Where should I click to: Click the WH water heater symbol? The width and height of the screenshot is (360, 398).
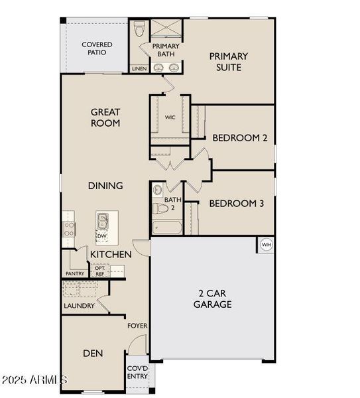click(267, 244)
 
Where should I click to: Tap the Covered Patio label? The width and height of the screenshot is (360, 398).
click(97, 49)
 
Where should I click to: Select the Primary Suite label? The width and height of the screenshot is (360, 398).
click(229, 62)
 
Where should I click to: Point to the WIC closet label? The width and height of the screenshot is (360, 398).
click(170, 117)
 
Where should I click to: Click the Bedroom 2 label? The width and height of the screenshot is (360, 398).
click(239, 138)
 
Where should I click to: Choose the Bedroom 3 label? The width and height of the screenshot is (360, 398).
click(236, 204)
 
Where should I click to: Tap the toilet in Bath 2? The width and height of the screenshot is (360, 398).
click(159, 208)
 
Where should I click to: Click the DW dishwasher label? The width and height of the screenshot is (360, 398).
click(101, 235)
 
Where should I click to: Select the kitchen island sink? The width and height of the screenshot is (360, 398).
click(103, 220)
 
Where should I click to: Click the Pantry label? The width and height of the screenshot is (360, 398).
click(74, 273)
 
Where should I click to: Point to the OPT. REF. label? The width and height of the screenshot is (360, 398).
click(99, 271)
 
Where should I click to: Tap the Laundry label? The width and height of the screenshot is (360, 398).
click(78, 306)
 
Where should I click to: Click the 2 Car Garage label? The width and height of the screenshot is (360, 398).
click(212, 298)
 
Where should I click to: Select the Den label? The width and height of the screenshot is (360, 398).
click(93, 354)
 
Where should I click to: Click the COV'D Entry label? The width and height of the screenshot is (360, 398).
click(137, 373)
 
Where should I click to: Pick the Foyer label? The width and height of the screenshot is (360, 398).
click(137, 326)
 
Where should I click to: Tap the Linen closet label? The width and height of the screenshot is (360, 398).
click(139, 68)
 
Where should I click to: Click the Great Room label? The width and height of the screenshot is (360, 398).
click(105, 117)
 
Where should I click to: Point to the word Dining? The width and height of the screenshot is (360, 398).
click(105, 186)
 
